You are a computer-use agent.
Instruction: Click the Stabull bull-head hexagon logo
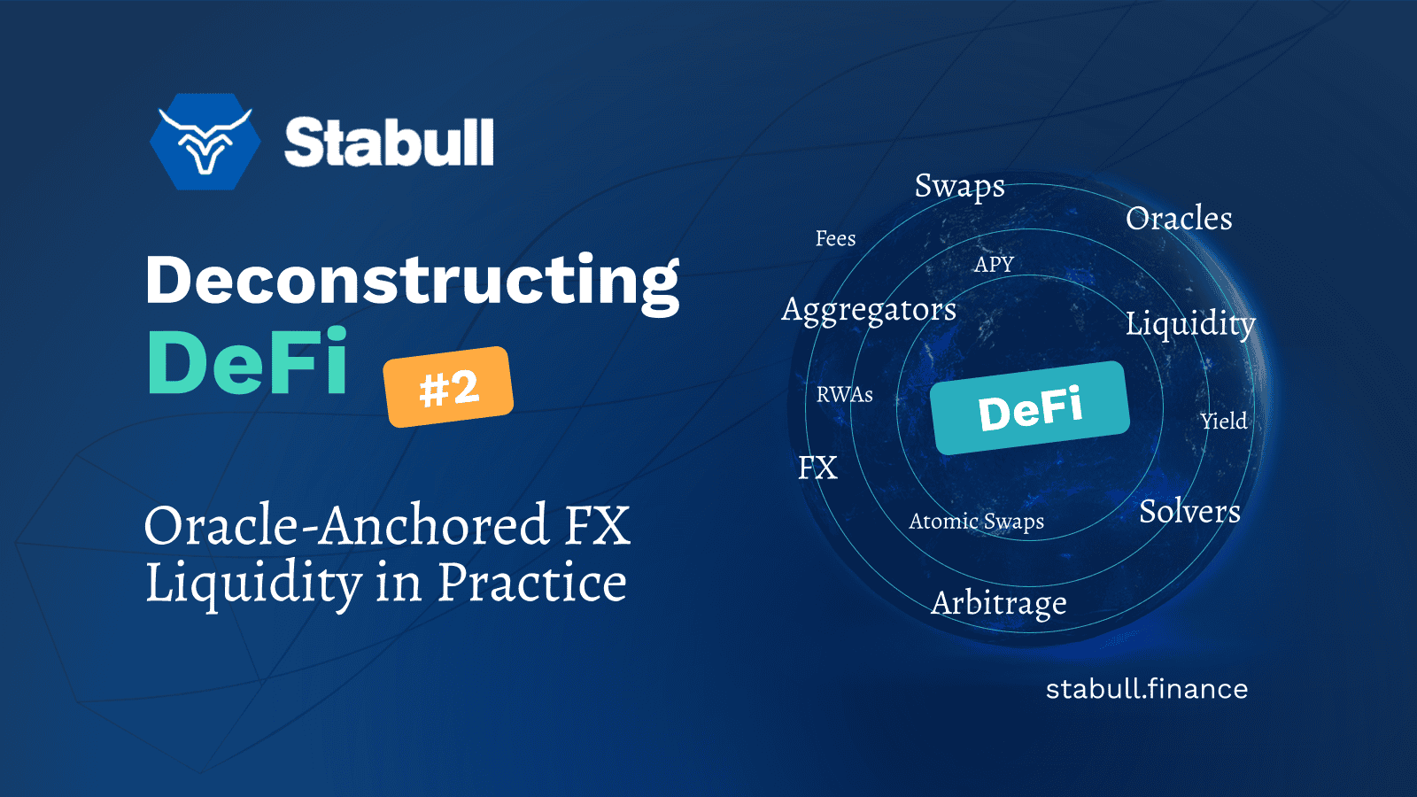205,142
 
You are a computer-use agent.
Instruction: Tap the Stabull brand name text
389,142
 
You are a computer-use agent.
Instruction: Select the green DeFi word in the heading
247,361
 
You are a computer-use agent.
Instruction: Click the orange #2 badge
448,386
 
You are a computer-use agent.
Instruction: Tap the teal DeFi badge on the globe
1030,408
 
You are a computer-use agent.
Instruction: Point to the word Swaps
960,187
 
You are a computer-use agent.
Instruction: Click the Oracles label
1179,218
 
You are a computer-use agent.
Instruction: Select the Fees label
835,238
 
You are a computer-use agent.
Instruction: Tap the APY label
994,264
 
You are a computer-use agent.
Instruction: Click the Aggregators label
869,311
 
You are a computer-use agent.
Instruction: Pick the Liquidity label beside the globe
1190,324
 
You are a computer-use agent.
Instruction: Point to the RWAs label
845,395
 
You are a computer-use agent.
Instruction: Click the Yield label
1224,422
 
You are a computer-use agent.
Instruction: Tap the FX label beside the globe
817,468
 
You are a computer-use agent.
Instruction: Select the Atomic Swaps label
976,522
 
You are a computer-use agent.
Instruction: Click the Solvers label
1189,511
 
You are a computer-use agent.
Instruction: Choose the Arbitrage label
998,604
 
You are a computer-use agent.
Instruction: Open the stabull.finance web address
1146,689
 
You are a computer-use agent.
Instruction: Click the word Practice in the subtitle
531,582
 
